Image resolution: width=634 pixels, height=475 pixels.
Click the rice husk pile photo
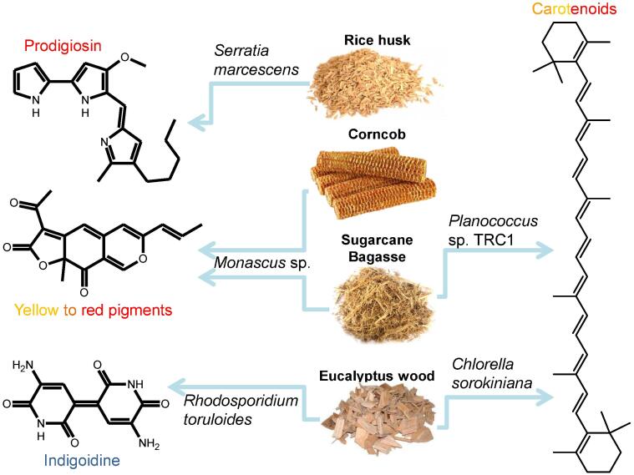point(355,83)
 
